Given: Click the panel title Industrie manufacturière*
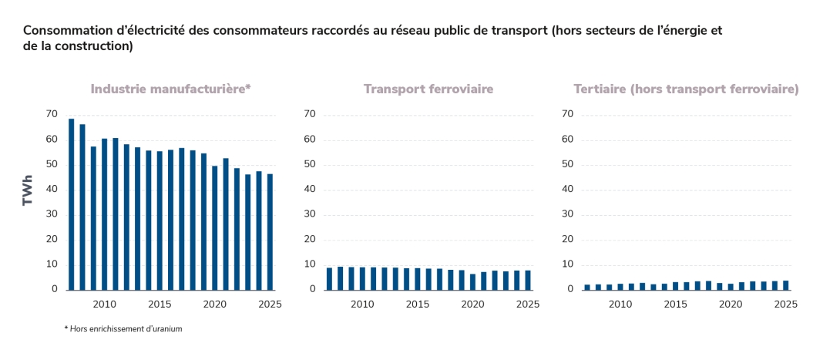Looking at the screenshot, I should (x=171, y=89).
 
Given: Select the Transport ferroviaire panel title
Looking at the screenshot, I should (x=428, y=89).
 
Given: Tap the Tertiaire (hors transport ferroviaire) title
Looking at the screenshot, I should (x=686, y=89).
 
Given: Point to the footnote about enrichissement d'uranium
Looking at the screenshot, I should (x=123, y=328).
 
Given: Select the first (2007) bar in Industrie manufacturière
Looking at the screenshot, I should (x=72, y=204).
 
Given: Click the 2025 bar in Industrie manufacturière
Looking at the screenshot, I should (x=270, y=231).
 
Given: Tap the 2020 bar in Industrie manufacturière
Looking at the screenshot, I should (x=215, y=227).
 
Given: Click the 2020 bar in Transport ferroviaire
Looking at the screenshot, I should (x=473, y=281).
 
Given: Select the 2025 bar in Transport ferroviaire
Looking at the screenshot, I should (x=528, y=280).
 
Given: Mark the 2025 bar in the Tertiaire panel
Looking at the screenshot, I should (x=785, y=284).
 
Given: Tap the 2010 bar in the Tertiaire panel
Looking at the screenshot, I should (x=620, y=286).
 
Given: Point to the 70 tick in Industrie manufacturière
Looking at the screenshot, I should (x=52, y=114).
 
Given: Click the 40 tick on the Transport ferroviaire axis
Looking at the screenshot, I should (x=310, y=190).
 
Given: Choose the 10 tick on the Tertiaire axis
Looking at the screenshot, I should (x=567, y=264).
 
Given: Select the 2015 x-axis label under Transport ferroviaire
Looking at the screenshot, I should (x=418, y=304).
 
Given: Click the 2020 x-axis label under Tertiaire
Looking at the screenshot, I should (x=731, y=304).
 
